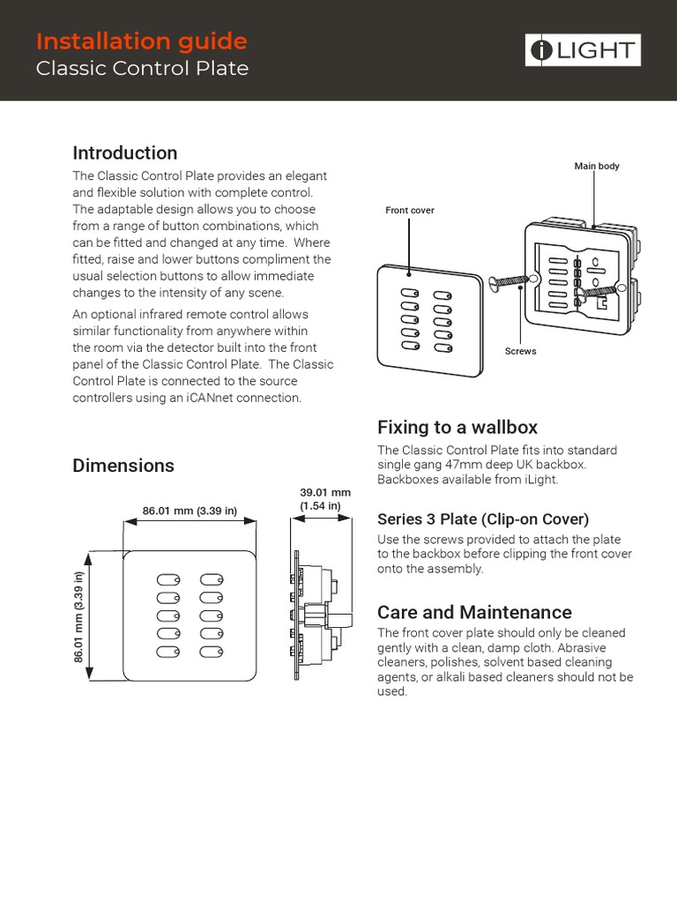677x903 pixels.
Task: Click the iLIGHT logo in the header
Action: [x=583, y=50]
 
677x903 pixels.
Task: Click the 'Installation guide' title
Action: [x=141, y=41]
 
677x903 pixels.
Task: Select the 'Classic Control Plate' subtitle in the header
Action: [x=142, y=68]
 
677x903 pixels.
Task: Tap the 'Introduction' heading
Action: [x=124, y=153]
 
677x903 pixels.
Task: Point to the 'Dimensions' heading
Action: [x=123, y=465]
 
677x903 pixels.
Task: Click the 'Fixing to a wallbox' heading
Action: [x=457, y=428]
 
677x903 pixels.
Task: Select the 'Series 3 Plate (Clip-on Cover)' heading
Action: [x=482, y=519]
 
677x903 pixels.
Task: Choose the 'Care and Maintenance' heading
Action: [x=474, y=612]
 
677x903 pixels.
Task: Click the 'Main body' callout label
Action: [x=597, y=166]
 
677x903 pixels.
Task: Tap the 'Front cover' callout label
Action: [x=410, y=210]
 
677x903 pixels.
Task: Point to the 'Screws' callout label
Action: [x=520, y=351]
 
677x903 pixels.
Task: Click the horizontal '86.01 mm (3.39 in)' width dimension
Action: [x=190, y=510]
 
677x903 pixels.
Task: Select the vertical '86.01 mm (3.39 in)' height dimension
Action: [x=79, y=616]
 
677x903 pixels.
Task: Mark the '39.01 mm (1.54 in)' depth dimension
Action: [x=325, y=498]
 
